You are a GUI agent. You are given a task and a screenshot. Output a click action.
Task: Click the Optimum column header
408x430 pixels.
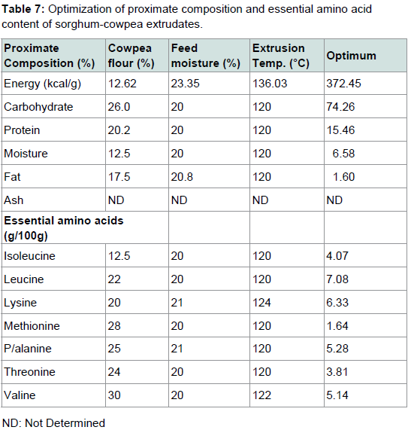[x=351, y=56]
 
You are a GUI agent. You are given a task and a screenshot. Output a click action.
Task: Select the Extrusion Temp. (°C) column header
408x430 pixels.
[x=280, y=56]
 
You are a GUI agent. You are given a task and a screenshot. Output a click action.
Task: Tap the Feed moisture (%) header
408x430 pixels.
[x=206, y=56]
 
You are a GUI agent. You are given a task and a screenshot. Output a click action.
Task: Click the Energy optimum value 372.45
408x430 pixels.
[x=343, y=84]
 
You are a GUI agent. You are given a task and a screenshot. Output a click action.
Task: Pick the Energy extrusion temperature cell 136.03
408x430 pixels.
[x=270, y=84]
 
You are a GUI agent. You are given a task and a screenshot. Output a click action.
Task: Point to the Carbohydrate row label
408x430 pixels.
[x=38, y=107]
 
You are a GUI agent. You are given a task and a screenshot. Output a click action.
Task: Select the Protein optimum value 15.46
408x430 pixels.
[x=340, y=130]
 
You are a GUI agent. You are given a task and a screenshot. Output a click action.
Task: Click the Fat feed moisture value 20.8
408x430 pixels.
[x=182, y=177]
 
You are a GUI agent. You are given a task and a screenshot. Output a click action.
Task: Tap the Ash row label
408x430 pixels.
[x=14, y=200]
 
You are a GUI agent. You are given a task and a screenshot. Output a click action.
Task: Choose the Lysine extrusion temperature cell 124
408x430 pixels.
[x=261, y=303]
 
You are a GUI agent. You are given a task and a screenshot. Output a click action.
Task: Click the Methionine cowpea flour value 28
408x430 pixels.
[x=114, y=326]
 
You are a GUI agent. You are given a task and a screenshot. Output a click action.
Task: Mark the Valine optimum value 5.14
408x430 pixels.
[x=337, y=395]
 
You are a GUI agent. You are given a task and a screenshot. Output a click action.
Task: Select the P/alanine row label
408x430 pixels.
[x=28, y=349]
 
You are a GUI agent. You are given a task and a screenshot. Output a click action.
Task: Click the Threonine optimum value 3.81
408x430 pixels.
[x=337, y=372]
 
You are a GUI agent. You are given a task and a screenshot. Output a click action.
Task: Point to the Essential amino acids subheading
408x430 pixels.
[x=63, y=228]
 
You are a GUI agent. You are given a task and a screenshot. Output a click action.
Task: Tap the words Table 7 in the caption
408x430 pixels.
[x=23, y=9]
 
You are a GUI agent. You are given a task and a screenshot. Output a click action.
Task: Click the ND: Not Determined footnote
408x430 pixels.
[x=53, y=423]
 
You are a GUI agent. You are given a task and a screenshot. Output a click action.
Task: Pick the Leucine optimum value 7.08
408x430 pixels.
[x=337, y=279]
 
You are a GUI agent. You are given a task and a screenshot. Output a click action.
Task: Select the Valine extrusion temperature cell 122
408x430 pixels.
[x=261, y=395]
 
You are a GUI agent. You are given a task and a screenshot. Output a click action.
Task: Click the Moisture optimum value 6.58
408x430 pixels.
[x=343, y=154]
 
